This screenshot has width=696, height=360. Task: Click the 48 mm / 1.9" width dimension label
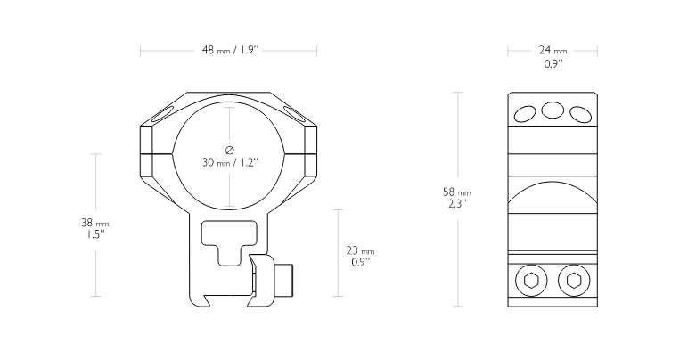tap(230, 50)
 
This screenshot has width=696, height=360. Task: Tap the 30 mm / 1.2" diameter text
tap(230, 162)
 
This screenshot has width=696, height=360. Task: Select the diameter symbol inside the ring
tap(230, 150)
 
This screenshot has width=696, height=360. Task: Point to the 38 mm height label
tap(94, 223)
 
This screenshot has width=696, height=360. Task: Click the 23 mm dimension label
tap(360, 251)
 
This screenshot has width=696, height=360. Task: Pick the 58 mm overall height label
tap(457, 192)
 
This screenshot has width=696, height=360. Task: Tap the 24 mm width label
tap(553, 51)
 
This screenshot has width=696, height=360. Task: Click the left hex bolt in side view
tap(531, 281)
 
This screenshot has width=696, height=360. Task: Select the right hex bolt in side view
tap(574, 281)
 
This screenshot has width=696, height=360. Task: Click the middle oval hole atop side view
tap(553, 110)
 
